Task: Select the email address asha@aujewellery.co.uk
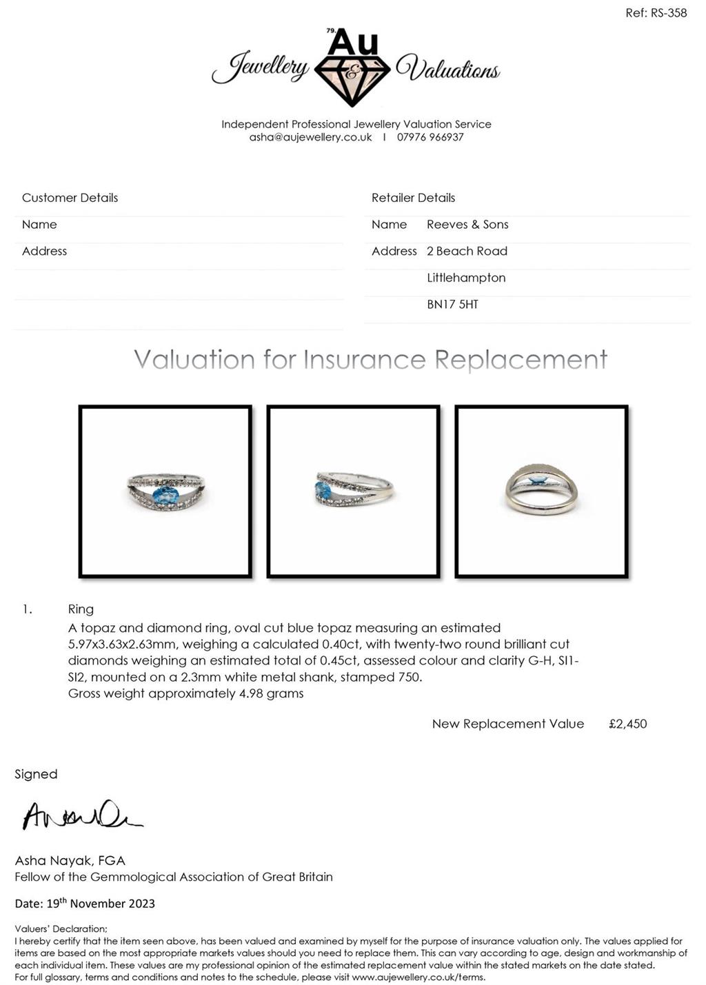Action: pos(310,137)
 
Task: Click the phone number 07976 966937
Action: pos(430,137)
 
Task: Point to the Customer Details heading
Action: pos(70,198)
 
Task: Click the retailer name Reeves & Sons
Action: pos(467,225)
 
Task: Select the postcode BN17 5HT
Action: pos(452,305)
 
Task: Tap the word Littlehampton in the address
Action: pos(466,278)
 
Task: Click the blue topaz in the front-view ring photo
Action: pos(165,494)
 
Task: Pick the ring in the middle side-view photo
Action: pos(353,491)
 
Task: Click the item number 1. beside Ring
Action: pos(27,609)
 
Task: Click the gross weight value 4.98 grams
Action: pos(271,693)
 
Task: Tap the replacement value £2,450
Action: pos(627,724)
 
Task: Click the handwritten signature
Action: pos(81,815)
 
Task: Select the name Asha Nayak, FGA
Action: pos(70,860)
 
